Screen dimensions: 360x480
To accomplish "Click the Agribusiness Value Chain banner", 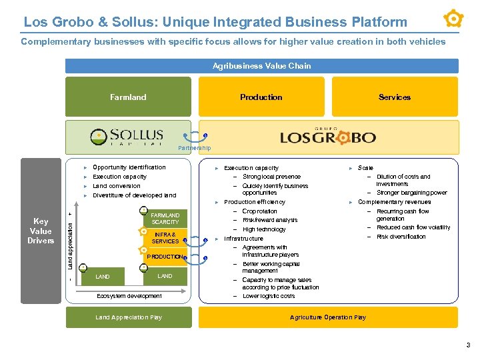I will click(x=261, y=66).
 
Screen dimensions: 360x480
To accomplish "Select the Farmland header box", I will click(x=128, y=97).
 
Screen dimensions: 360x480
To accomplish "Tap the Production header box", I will click(x=261, y=97).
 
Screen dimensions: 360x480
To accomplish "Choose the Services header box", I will click(x=394, y=97).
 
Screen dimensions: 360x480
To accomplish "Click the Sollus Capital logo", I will click(x=127, y=136).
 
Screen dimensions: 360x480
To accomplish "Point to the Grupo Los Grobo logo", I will click(x=327, y=136).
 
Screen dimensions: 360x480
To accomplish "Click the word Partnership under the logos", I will click(x=194, y=148).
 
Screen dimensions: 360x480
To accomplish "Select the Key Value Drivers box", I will click(x=41, y=231).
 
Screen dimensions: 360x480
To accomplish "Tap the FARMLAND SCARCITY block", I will click(x=165, y=219).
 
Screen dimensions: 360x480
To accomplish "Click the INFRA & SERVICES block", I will click(x=165, y=237).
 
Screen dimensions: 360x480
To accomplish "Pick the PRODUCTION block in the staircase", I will click(x=165, y=257).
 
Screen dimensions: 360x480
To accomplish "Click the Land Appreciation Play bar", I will click(x=128, y=317).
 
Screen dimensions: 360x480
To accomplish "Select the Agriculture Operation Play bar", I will click(x=327, y=317).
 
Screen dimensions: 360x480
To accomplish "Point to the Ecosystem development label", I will click(x=129, y=296).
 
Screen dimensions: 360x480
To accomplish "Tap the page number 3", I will click(x=468, y=345).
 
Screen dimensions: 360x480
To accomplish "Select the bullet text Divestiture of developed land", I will click(x=135, y=195).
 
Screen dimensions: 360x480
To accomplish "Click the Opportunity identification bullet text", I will click(x=129, y=167).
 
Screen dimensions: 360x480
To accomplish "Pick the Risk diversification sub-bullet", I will click(x=401, y=237).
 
